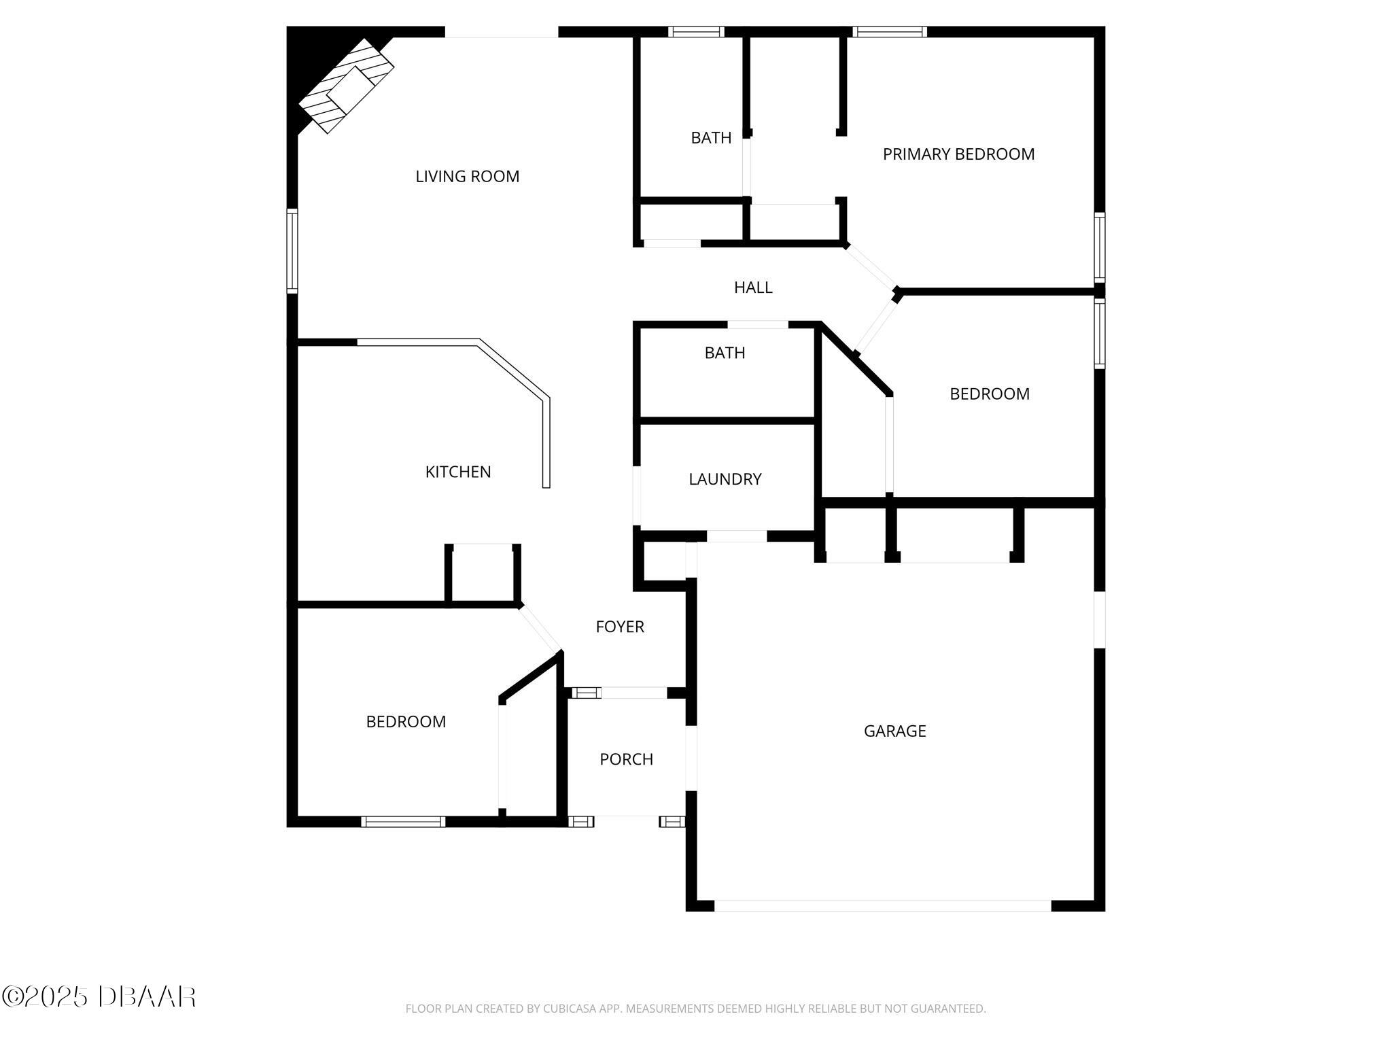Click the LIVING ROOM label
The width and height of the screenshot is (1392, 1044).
[467, 177]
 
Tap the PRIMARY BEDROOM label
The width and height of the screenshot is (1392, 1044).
[958, 154]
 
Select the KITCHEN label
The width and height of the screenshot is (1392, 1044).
[458, 472]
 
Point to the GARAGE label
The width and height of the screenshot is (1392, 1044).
[894, 731]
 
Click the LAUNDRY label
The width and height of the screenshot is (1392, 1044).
[725, 479]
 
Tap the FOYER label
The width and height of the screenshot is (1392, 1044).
[620, 627]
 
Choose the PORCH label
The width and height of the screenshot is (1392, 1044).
[626, 759]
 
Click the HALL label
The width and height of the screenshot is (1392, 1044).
[753, 288]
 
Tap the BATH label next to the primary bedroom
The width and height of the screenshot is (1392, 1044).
[711, 138]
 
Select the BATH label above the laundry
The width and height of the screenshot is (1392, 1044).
[725, 353]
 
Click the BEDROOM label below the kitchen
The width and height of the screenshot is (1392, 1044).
[406, 722]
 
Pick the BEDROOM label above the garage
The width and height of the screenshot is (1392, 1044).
[989, 394]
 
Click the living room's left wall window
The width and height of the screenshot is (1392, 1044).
[292, 251]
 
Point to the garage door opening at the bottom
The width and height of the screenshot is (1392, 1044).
[882, 905]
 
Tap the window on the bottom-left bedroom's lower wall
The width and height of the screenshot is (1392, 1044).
[403, 822]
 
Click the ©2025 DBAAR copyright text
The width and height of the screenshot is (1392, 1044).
[99, 996]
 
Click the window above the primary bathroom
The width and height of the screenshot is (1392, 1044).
[696, 31]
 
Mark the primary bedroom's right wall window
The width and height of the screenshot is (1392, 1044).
[1099, 247]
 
